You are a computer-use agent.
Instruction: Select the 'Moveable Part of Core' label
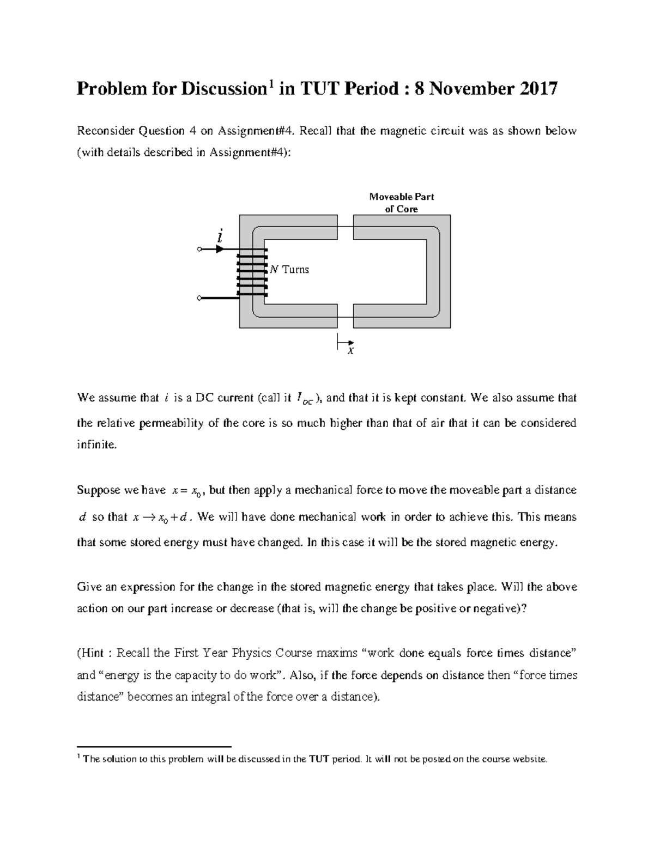coord(402,203)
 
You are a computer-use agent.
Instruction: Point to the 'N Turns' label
coord(289,269)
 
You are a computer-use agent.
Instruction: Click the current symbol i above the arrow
coord(220,236)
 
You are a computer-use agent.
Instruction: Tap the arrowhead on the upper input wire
coord(220,249)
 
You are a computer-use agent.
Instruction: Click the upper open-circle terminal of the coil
coord(199,249)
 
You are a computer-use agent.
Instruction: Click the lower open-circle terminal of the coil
coord(199,299)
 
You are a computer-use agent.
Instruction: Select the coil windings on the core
coord(252,273)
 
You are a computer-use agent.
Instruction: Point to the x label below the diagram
coord(351,351)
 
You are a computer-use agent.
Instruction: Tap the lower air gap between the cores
coord(345,316)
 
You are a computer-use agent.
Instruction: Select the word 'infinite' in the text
coord(96,445)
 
